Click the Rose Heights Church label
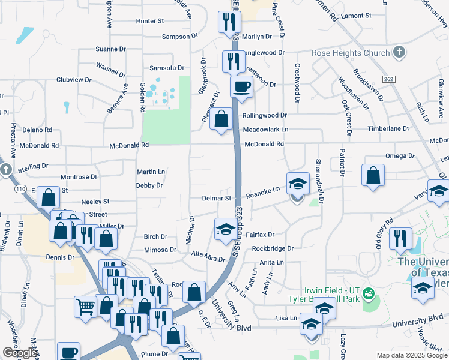click(x=351, y=53)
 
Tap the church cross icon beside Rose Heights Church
click(x=399, y=53)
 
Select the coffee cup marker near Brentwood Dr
click(x=241, y=86)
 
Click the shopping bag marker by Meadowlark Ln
click(x=221, y=119)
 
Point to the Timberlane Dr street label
click(x=389, y=129)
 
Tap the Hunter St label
click(x=150, y=21)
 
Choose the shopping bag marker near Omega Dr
click(x=373, y=175)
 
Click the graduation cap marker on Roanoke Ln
click(x=298, y=184)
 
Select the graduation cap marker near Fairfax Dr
click(x=225, y=229)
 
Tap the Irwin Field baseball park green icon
click(x=369, y=293)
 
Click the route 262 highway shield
click(x=388, y=79)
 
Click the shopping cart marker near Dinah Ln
click(x=86, y=307)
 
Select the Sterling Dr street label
click(x=33, y=166)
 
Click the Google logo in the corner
click(x=20, y=353)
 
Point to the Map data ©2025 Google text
click(x=411, y=355)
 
